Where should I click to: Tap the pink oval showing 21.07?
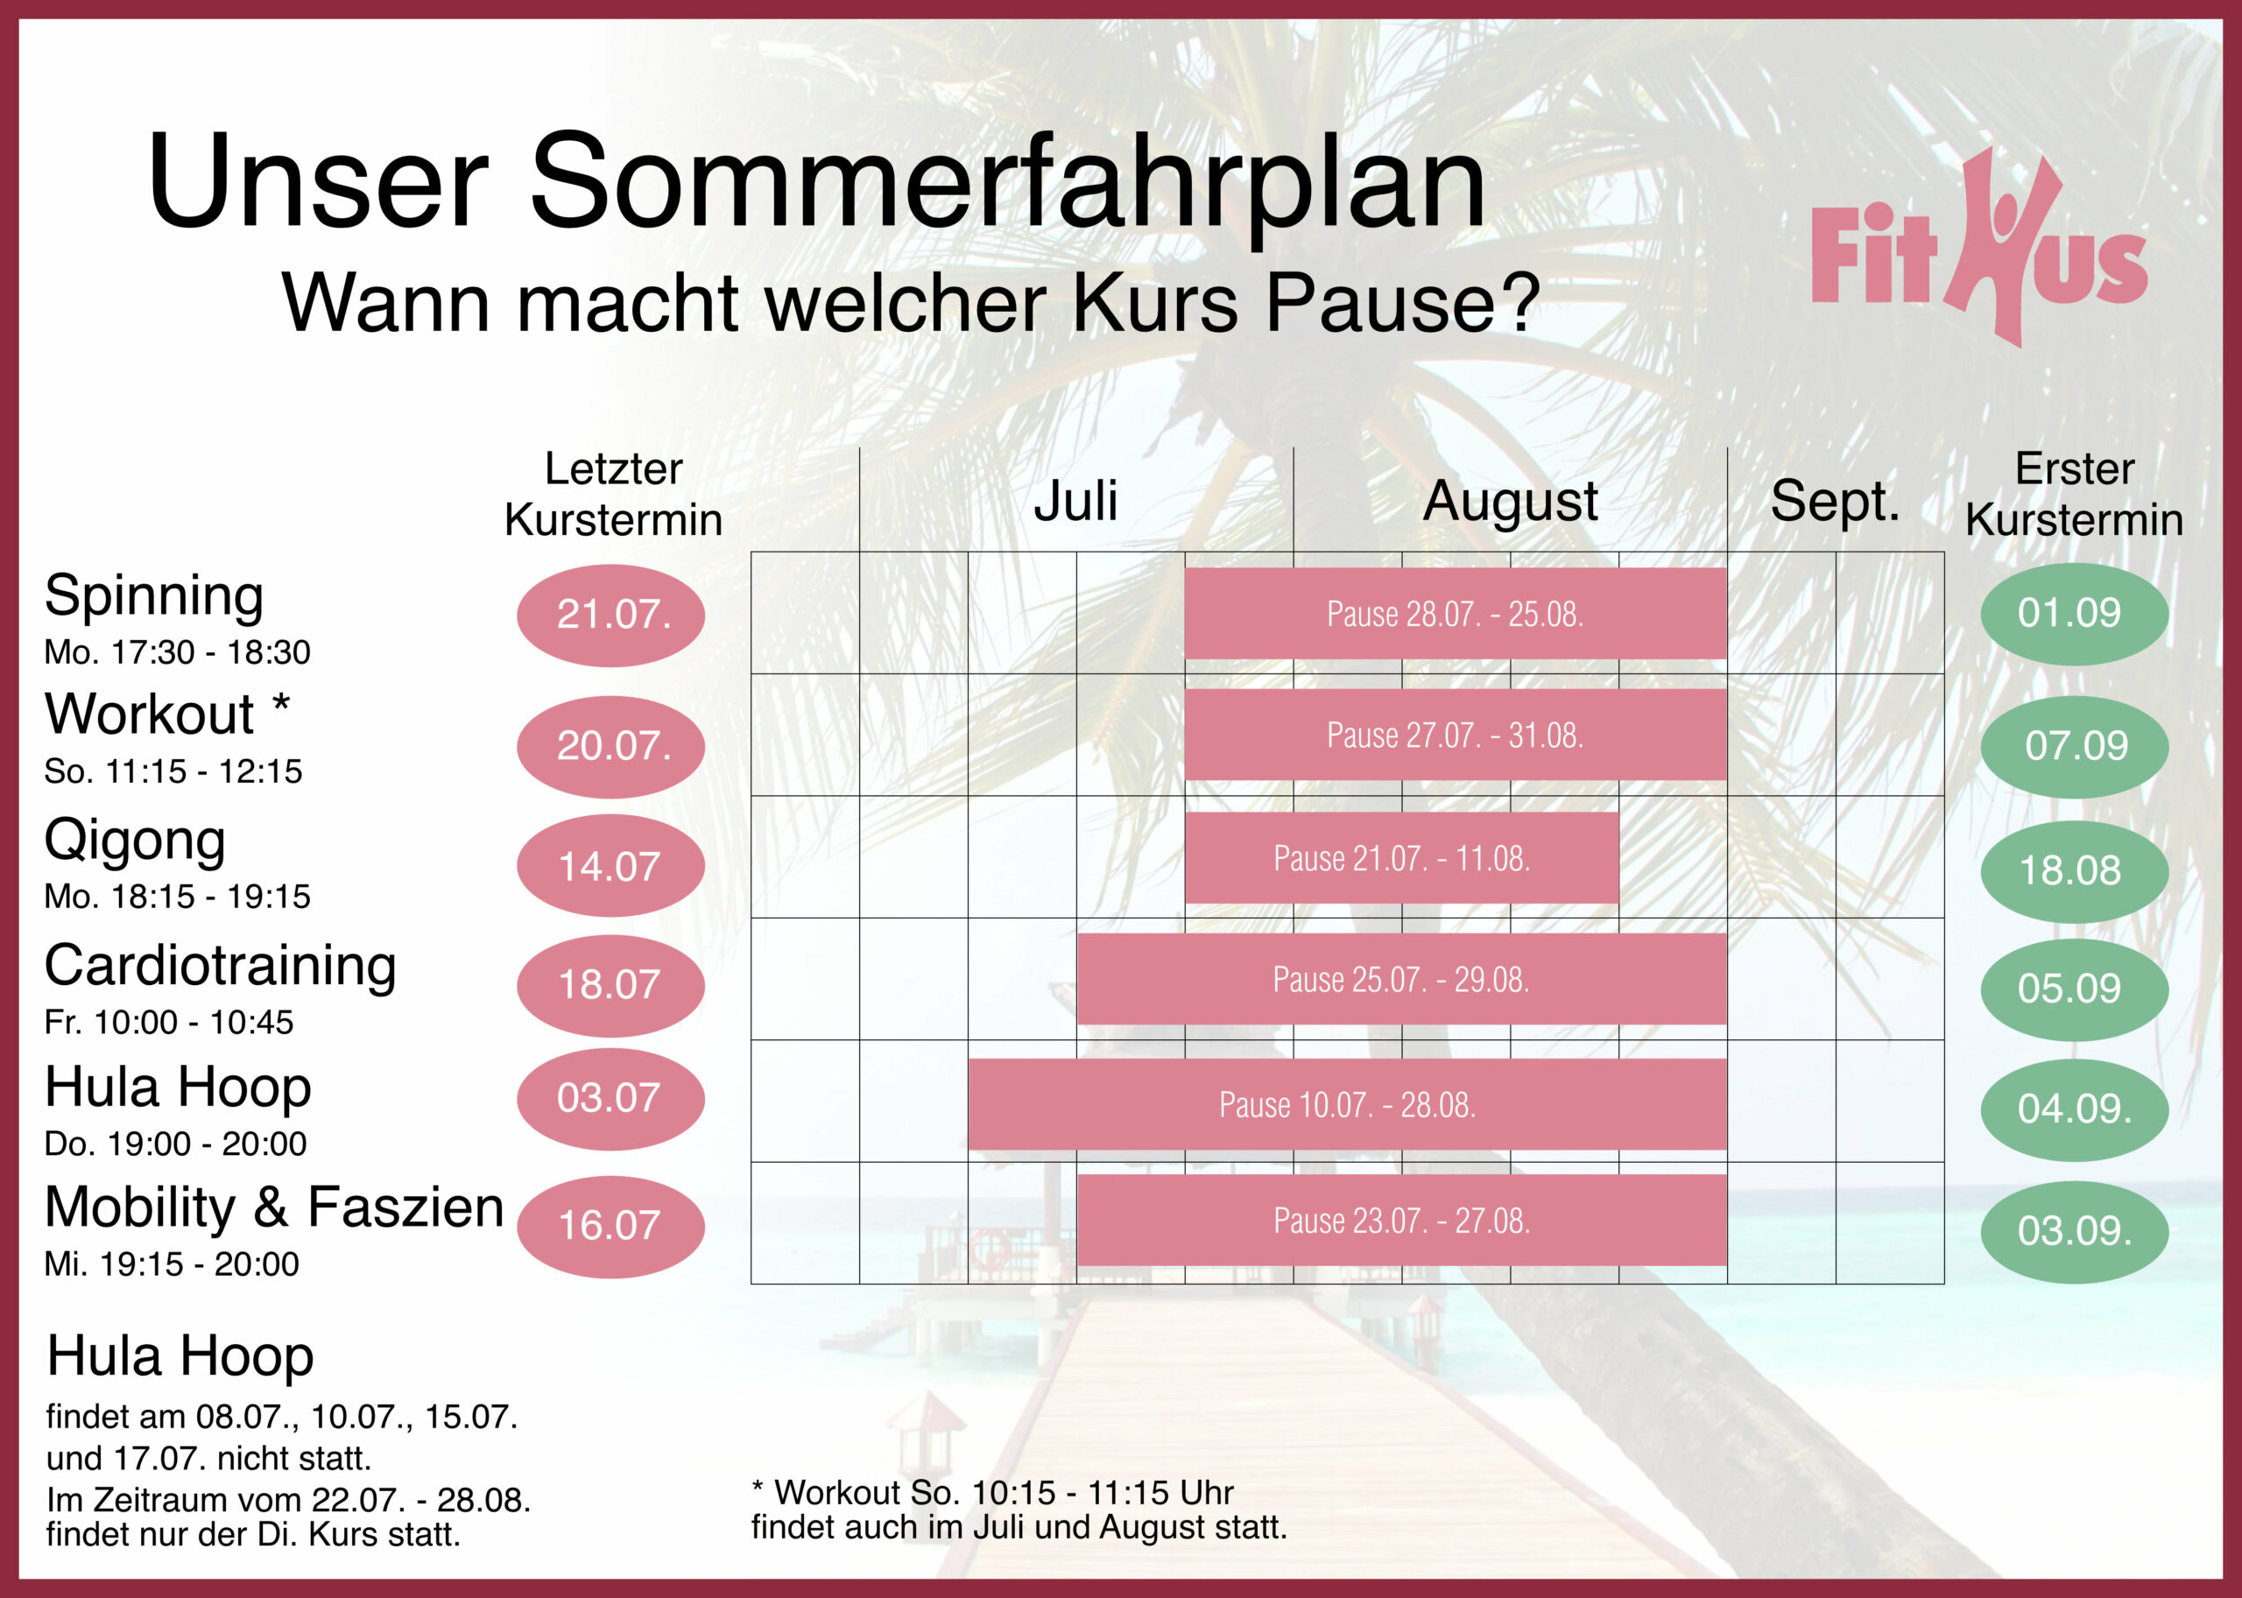[x=610, y=615]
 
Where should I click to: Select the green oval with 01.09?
[x=2074, y=614]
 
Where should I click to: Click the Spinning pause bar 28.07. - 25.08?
[x=1456, y=613]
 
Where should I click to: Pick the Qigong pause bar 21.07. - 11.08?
[x=1401, y=857]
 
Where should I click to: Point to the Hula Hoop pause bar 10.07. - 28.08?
[x=1347, y=1104]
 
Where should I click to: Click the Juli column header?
[x=1075, y=500]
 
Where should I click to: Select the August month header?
[x=1510, y=502]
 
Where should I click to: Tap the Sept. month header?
[x=1835, y=502]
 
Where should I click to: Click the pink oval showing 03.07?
[x=610, y=1099]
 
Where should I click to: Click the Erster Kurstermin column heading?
[x=2074, y=494]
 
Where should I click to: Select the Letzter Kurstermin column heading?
[x=613, y=494]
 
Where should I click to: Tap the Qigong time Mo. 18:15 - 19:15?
[x=177, y=897]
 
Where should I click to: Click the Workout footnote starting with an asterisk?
[x=1019, y=1510]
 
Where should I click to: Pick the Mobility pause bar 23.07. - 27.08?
[x=1401, y=1220]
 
